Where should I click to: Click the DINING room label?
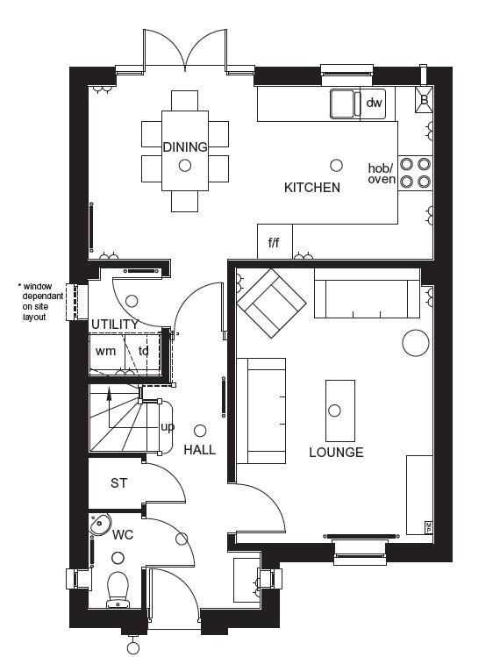click(x=185, y=147)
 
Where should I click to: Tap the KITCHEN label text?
click(x=312, y=188)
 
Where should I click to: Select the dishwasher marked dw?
click(x=374, y=103)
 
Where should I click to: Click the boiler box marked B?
click(x=425, y=100)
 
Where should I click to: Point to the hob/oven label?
click(x=382, y=174)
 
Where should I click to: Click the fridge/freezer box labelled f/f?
click(x=275, y=242)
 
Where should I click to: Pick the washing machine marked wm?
click(x=107, y=351)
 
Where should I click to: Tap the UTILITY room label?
click(x=114, y=325)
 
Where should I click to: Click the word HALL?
click(x=199, y=450)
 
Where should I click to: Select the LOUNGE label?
click(x=336, y=453)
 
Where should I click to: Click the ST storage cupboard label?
click(x=118, y=483)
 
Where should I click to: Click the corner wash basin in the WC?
click(x=100, y=524)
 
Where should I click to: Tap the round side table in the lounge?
click(x=416, y=343)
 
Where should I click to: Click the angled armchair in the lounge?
click(x=271, y=303)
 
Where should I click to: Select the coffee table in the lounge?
click(x=340, y=411)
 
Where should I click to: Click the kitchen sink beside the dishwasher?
click(x=345, y=104)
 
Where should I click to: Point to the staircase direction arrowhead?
click(x=109, y=392)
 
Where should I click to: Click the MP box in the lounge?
click(x=429, y=527)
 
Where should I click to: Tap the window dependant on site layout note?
click(x=40, y=302)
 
